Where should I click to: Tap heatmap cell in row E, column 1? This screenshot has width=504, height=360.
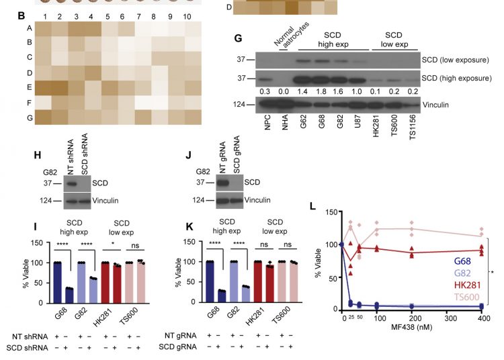(x=45, y=89)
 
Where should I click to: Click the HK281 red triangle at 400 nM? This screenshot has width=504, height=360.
(x=480, y=250)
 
